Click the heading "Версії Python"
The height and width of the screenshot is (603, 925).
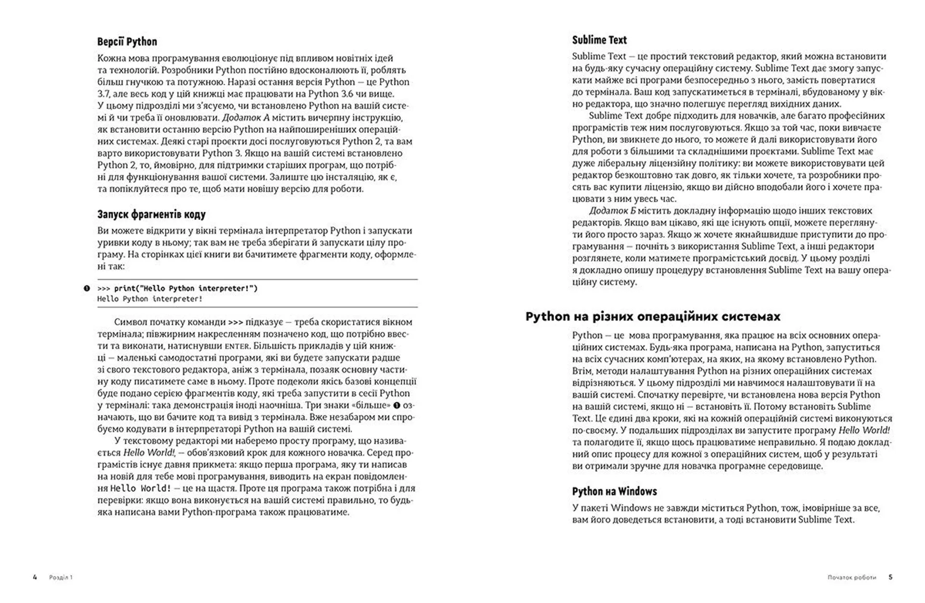127,42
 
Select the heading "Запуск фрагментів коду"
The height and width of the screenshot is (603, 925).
151,214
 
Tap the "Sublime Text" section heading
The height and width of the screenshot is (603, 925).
599,40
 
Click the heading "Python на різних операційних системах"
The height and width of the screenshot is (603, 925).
653,317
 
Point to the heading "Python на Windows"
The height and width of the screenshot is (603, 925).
614,491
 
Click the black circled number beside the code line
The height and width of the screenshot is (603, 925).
87,288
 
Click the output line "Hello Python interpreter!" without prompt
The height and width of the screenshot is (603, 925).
150,299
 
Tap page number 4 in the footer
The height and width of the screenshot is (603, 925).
35,577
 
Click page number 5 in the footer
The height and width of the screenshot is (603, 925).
890,577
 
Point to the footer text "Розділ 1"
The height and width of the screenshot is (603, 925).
61,577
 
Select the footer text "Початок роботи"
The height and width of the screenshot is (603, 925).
851,577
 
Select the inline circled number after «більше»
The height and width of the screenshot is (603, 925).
397,405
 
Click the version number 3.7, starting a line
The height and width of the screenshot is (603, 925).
104,94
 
